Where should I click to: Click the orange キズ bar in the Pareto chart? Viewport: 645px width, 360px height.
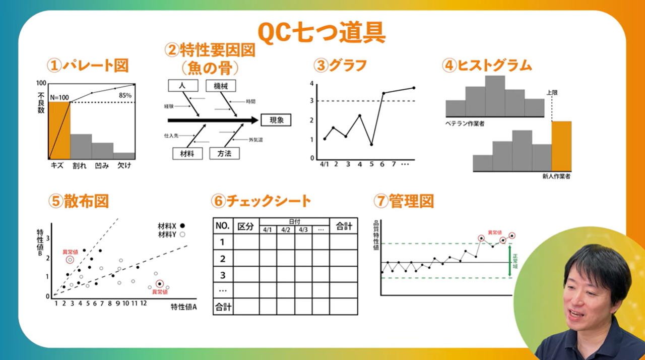[59, 130]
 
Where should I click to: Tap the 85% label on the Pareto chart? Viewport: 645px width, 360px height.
[125, 95]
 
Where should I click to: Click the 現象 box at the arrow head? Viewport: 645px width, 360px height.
[277, 120]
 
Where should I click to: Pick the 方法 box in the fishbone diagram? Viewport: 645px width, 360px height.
[224, 153]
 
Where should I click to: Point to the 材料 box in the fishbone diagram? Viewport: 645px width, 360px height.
[187, 153]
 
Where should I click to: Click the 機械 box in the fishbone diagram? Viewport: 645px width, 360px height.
[221, 86]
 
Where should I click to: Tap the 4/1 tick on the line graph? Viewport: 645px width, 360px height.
[324, 164]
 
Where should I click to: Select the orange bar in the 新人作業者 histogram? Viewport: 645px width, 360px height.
[561, 146]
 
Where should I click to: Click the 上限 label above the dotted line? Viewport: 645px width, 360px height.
[552, 93]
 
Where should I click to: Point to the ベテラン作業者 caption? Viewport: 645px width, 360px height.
[465, 124]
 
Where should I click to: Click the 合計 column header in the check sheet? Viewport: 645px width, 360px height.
[344, 226]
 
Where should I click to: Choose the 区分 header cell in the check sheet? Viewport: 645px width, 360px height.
[246, 226]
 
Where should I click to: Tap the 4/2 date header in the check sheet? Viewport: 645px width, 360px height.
[286, 230]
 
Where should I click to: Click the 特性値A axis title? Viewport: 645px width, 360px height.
[183, 307]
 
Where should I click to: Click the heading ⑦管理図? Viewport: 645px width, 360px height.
[403, 201]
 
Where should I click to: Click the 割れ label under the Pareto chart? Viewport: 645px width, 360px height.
[80, 165]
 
